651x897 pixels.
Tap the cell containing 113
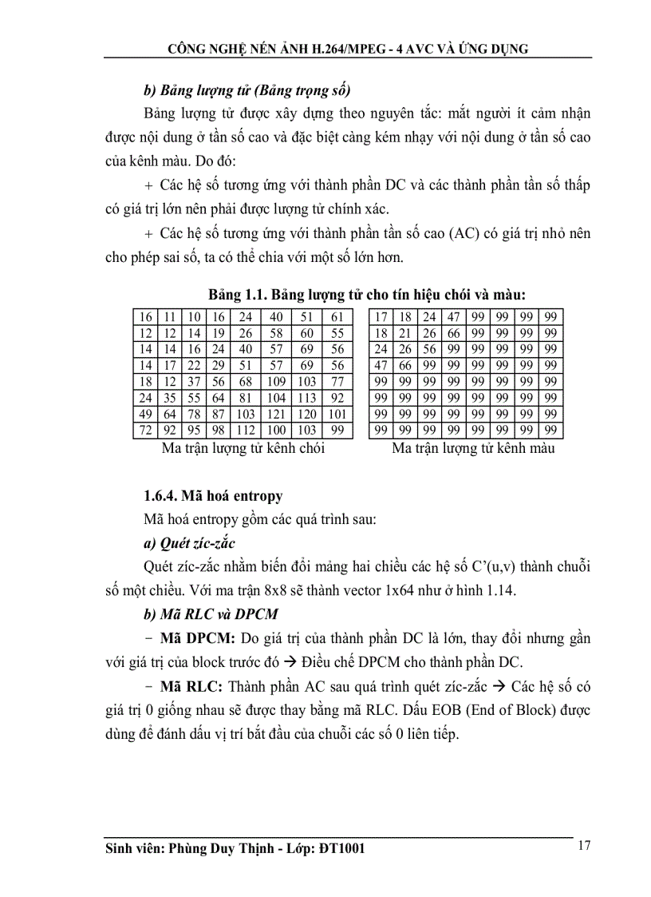(307, 398)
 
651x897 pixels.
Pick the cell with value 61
(337, 317)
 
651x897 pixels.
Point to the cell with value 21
(406, 333)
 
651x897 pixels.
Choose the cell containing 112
(245, 431)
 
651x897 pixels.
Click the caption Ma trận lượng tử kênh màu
(473, 448)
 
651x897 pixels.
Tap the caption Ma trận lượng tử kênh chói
(243, 448)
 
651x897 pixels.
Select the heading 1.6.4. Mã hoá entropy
(213, 497)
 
